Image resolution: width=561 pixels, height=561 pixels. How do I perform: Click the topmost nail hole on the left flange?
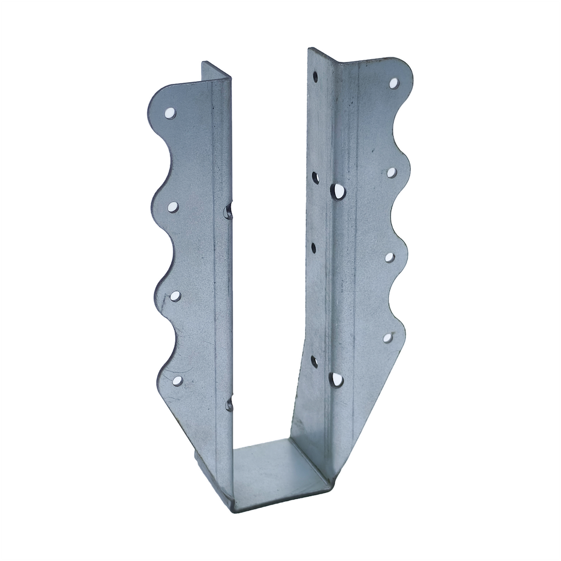tap(170, 113)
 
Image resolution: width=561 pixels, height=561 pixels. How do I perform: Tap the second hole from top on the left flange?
tap(173, 207)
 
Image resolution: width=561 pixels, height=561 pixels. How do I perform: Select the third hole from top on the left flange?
tap(175, 296)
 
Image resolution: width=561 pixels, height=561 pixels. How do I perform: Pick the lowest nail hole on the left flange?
tap(178, 380)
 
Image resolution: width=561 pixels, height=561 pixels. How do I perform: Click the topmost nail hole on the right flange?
tap(394, 83)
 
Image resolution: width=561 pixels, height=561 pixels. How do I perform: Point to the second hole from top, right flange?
tap(392, 173)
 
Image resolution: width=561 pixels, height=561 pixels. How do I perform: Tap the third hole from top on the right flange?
tap(390, 257)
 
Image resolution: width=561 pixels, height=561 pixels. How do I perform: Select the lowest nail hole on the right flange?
tap(388, 338)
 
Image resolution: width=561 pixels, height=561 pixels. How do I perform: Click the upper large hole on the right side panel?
tap(338, 191)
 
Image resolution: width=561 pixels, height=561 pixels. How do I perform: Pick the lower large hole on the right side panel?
tap(336, 379)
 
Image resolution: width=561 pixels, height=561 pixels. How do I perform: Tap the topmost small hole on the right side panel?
tap(316, 77)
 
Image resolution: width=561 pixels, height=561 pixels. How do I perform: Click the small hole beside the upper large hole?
tap(316, 177)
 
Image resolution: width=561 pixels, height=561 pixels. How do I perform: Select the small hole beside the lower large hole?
tap(314, 361)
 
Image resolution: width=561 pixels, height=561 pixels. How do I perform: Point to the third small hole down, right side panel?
tap(314, 248)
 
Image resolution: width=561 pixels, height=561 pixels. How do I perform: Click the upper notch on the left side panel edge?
tap(228, 211)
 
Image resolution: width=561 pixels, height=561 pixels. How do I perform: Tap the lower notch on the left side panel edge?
tap(229, 405)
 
